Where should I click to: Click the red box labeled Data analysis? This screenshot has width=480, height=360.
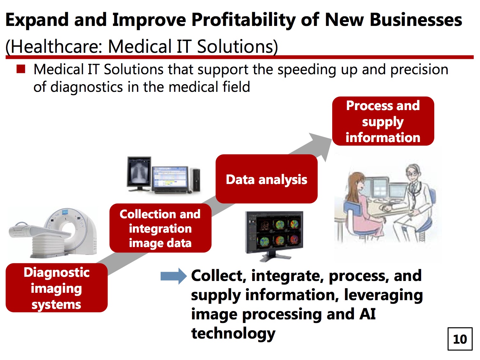(266, 179)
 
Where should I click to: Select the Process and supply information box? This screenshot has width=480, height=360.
(383, 121)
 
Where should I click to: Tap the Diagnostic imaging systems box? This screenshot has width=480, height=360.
(57, 288)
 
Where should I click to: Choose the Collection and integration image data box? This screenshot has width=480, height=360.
(160, 228)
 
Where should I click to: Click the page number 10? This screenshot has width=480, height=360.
(460, 339)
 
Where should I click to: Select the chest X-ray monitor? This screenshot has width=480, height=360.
(139, 174)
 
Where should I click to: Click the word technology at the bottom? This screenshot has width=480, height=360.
(233, 333)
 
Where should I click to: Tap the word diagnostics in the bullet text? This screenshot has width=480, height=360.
(87, 87)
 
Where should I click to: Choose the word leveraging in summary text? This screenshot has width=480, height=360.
(383, 295)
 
